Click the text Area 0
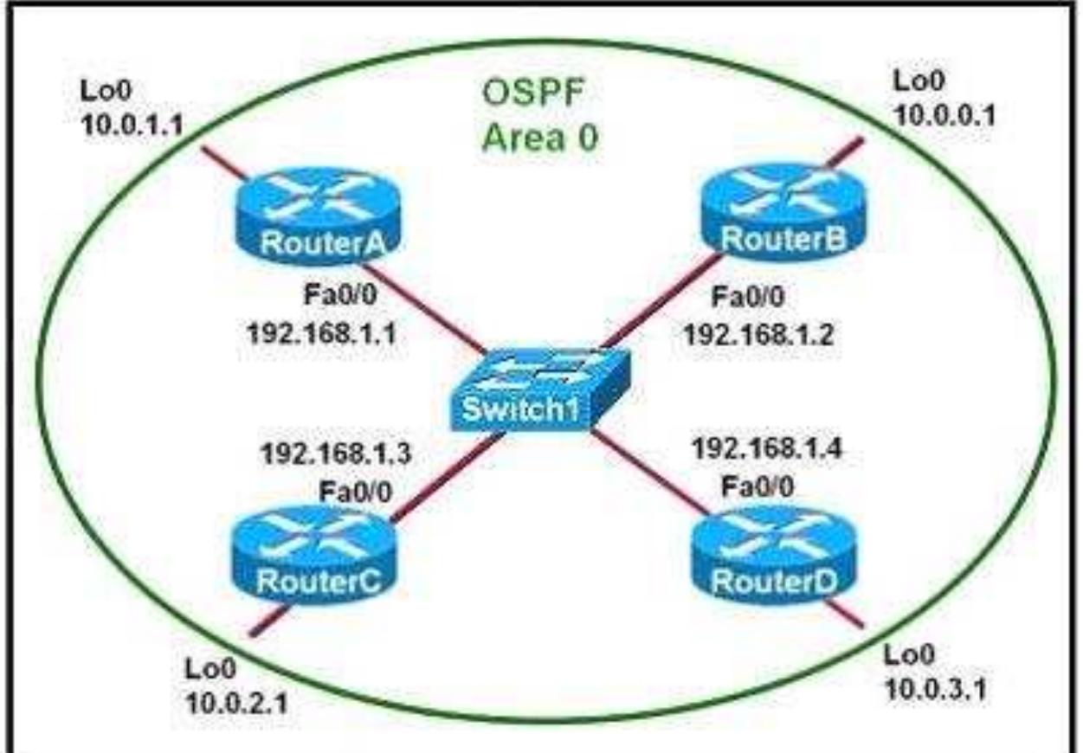(x=539, y=138)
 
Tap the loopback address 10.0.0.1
(x=944, y=113)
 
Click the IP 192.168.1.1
(x=320, y=333)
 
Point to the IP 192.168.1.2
(x=758, y=333)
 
